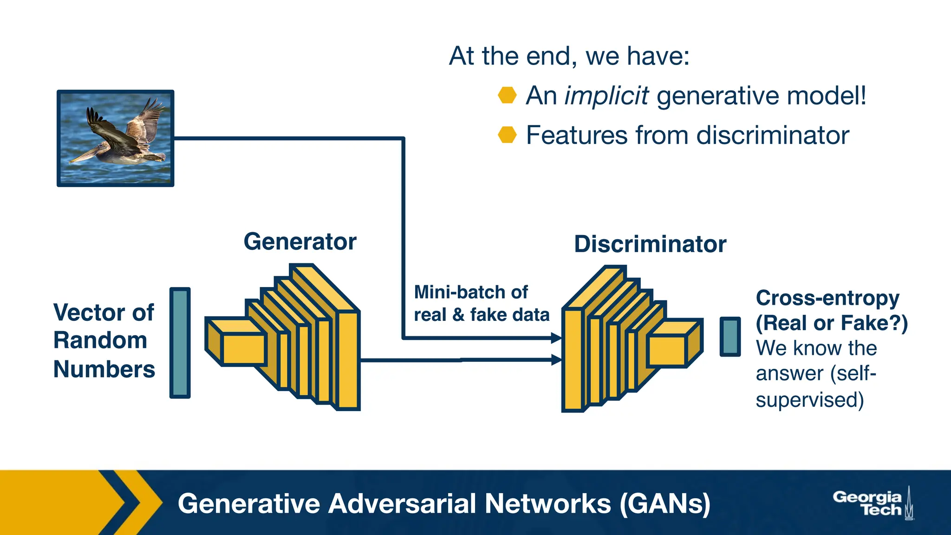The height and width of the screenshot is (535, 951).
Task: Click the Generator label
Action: coord(300,242)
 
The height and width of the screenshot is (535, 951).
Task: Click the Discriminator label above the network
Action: coord(650,244)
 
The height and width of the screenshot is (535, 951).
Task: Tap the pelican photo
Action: coord(115,138)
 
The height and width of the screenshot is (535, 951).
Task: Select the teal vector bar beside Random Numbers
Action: coord(180,343)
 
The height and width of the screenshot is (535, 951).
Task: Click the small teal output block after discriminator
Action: coord(730,337)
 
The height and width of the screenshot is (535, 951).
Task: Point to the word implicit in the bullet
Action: coord(606,96)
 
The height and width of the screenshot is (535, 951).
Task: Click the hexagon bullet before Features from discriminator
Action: coord(507,135)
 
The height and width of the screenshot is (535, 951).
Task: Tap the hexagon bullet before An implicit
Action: coord(507,95)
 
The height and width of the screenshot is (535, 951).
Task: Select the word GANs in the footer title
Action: coord(665,504)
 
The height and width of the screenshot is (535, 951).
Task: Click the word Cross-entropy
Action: coord(827,298)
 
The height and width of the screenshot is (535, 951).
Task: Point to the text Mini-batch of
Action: coord(471,293)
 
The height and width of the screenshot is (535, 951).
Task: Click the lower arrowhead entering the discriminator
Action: coord(556,359)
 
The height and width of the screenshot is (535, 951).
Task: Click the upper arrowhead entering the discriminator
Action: coord(556,338)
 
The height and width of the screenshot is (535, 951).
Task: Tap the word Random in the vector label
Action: coord(100,340)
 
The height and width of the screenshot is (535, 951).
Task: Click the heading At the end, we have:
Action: coord(569,56)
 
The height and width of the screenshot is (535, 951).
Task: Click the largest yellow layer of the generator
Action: coord(348,360)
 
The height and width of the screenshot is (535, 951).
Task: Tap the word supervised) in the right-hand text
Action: coord(810,400)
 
